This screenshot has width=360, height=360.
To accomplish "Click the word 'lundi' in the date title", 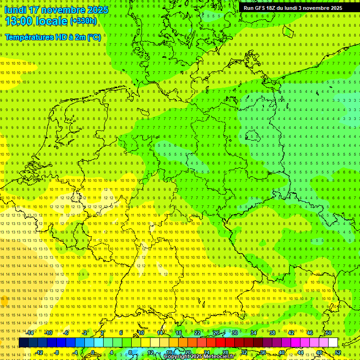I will [15, 10].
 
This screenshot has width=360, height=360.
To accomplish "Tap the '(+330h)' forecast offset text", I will [83, 21].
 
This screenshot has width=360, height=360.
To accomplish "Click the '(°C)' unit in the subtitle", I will [94, 37].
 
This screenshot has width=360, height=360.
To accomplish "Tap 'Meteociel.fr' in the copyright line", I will [219, 357].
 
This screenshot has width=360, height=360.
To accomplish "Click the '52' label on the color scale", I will [338, 352].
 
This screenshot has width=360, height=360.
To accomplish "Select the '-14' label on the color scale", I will [30, 333].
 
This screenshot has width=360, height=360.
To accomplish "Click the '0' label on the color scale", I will [92, 352].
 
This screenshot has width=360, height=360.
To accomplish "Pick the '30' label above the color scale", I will [234, 333].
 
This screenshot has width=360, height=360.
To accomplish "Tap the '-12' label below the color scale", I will [39, 352].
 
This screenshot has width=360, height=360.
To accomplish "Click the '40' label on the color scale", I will [281, 352].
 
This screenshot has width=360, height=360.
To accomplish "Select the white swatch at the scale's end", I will [333, 343].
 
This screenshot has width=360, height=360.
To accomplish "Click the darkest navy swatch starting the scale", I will [23, 343].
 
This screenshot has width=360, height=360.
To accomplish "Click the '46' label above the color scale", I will [310, 333].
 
